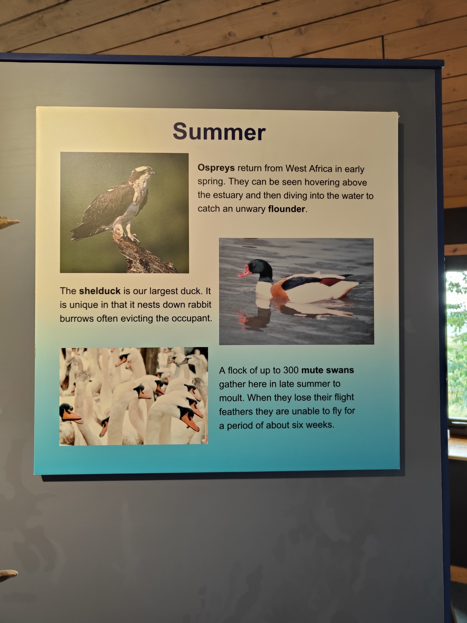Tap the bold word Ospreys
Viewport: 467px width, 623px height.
(216, 168)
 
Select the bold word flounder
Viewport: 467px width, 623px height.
(287, 209)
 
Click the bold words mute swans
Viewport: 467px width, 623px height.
(328, 370)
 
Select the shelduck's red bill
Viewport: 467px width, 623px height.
(244, 272)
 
